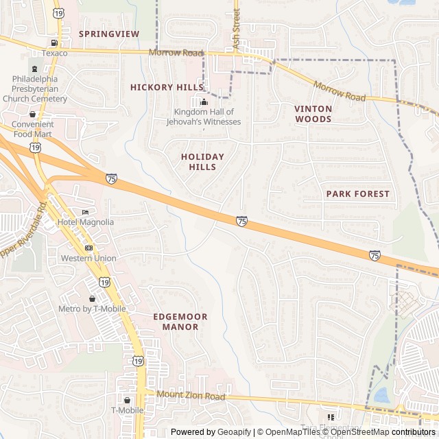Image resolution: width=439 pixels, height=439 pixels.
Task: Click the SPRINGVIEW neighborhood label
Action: (x=108, y=34)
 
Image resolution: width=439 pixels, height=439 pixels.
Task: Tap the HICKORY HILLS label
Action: (x=167, y=87)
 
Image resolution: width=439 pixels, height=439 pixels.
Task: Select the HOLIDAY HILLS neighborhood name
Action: (x=203, y=162)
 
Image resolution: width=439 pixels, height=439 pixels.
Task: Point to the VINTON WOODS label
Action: (x=313, y=114)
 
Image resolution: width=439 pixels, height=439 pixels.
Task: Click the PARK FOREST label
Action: (x=357, y=194)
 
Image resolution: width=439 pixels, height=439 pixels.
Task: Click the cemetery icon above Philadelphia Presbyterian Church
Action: (x=34, y=69)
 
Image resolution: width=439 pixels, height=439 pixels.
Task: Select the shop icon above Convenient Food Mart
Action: (x=32, y=114)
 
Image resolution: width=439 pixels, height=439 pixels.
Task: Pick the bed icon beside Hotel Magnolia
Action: (x=85, y=212)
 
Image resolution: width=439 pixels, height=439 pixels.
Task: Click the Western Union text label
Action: (x=88, y=259)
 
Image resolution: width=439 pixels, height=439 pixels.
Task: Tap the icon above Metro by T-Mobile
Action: (x=92, y=298)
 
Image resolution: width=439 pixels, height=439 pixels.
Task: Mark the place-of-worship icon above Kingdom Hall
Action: (x=203, y=102)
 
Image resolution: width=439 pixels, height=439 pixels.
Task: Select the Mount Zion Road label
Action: (x=191, y=396)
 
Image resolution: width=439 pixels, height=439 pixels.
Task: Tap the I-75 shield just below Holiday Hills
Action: (x=241, y=222)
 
